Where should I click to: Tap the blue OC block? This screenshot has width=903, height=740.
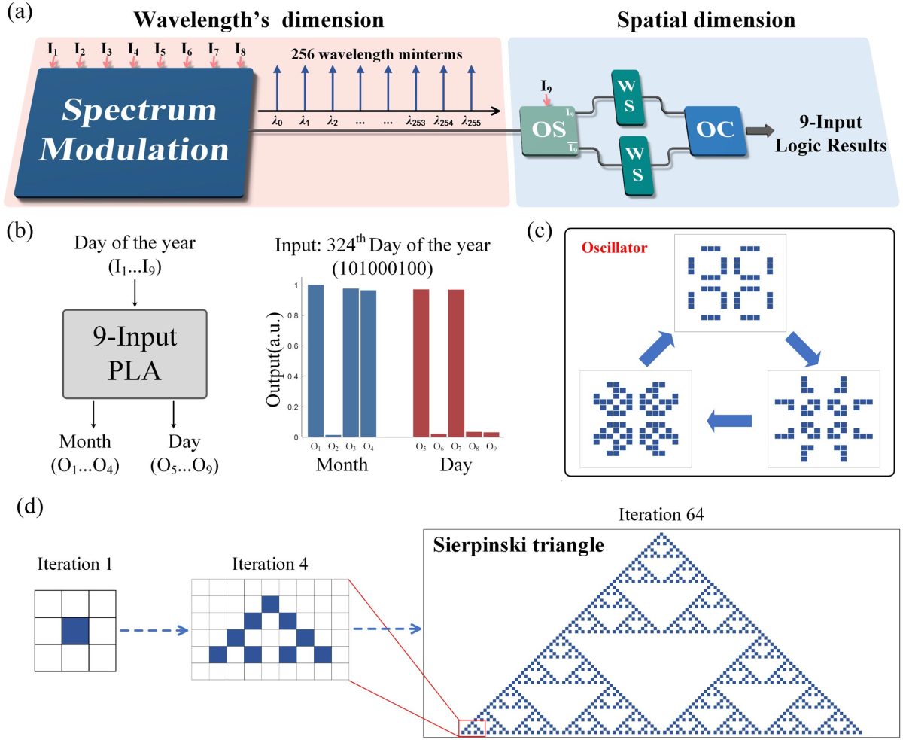click(711, 129)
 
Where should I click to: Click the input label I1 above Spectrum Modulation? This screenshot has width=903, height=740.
click(53, 50)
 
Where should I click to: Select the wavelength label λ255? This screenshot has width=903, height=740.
click(471, 120)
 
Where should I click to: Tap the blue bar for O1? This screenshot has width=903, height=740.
click(315, 361)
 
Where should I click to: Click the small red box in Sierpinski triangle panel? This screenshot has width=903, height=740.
click(472, 727)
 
